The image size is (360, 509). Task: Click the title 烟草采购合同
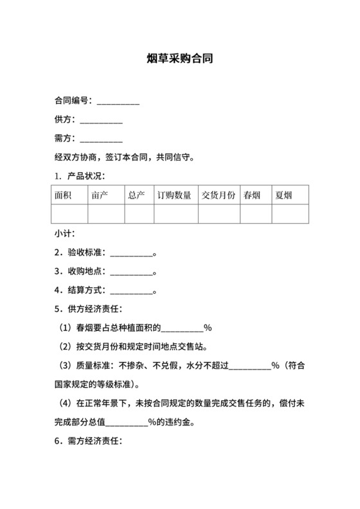(180, 58)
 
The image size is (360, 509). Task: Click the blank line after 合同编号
(118, 102)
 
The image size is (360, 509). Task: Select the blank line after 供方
(101, 120)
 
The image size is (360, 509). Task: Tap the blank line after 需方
(101, 139)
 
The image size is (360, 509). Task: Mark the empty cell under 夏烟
(290, 214)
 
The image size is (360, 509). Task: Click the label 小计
(64, 234)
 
